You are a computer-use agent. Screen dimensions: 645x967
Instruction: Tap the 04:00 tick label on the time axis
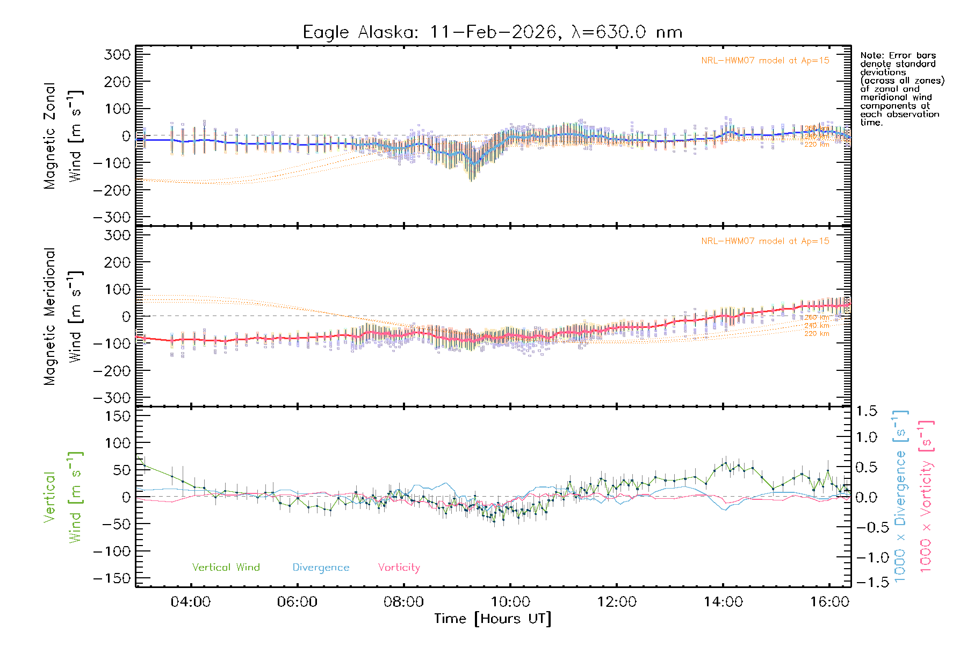[x=190, y=602]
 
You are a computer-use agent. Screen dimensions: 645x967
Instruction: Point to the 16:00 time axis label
[x=829, y=602]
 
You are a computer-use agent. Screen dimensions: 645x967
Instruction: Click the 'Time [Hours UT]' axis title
[x=493, y=619]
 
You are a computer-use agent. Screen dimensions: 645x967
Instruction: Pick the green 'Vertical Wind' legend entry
[x=226, y=567]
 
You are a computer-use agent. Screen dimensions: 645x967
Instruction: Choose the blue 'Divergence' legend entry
[x=321, y=567]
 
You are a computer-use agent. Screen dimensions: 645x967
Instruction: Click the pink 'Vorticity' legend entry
[x=399, y=567]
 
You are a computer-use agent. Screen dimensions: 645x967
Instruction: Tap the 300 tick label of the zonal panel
[x=118, y=54]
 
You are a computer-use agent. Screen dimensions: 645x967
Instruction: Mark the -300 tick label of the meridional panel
[x=112, y=398]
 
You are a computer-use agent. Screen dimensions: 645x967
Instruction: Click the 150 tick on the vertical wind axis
[x=118, y=416]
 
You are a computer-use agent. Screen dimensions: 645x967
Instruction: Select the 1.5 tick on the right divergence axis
[x=866, y=411]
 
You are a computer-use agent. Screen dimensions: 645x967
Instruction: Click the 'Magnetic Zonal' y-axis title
[x=50, y=136]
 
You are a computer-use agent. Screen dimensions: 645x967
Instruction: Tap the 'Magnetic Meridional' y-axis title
[x=50, y=317]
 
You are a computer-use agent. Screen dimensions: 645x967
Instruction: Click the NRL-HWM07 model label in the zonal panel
[x=765, y=60]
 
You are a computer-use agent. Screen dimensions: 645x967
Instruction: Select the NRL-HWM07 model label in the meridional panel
[x=765, y=241]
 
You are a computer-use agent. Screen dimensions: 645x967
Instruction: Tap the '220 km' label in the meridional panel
[x=817, y=334]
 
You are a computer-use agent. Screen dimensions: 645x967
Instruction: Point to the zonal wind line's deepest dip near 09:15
[x=473, y=163]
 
